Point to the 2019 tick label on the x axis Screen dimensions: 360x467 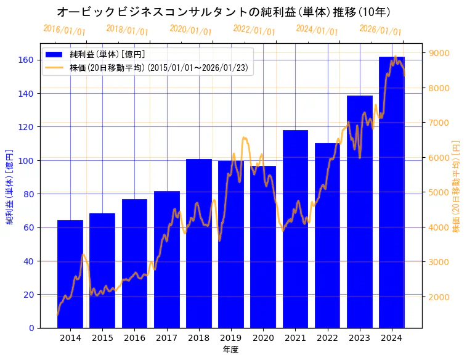[x=231, y=338]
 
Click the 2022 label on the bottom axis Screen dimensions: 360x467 [x=328, y=338]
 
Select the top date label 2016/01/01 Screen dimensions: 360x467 [x=64, y=30]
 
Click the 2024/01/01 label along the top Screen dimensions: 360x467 [x=317, y=30]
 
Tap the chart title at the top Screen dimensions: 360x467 [x=223, y=12]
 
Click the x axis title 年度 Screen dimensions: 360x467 [x=230, y=350]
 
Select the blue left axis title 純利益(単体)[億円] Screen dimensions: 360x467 [x=10, y=186]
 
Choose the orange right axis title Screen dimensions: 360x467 [x=457, y=186]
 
